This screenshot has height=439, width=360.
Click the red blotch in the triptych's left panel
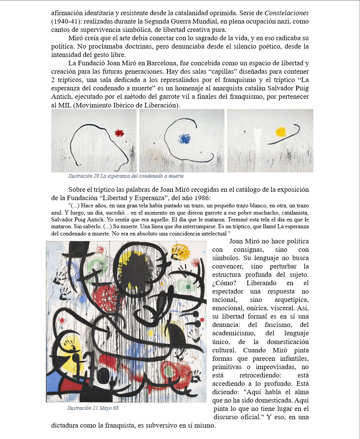click(x=119, y=133)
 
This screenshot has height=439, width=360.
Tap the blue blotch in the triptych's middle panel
click(x=185, y=138)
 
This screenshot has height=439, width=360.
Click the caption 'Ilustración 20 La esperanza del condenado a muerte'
click(x=126, y=176)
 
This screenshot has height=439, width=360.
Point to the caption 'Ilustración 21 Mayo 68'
click(x=95, y=408)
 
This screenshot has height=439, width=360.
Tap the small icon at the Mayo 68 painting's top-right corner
click(x=204, y=252)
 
